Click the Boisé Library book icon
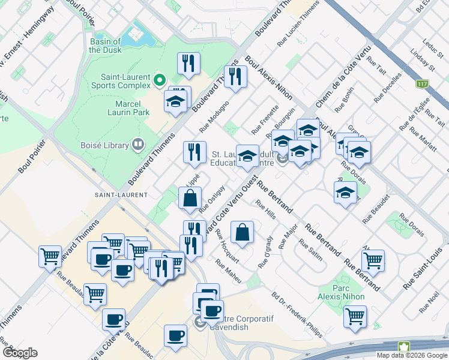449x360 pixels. [x=139, y=145]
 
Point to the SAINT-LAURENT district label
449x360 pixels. [x=121, y=195]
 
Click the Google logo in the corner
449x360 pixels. [x=19, y=353]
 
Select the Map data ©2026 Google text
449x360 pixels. [x=412, y=355]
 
